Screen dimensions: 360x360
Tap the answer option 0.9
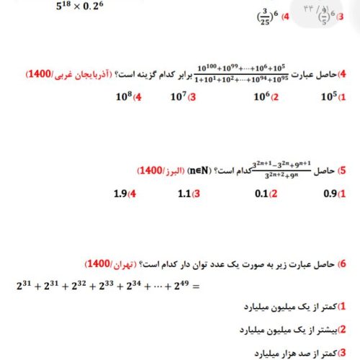[x=328, y=193]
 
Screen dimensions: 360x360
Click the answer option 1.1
[x=185, y=193]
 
